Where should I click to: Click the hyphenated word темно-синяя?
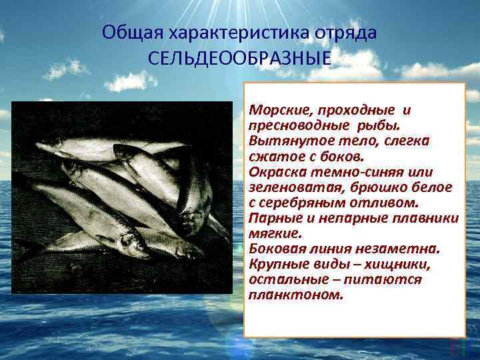(x=355, y=171)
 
